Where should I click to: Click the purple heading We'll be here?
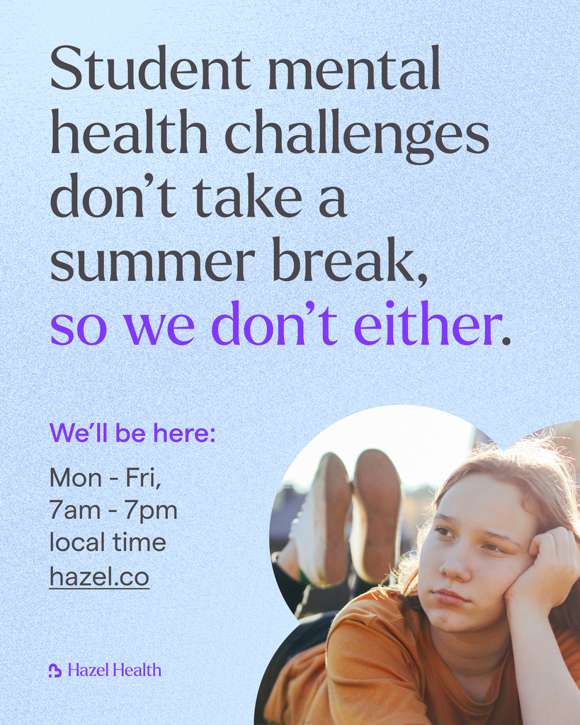tap(132, 433)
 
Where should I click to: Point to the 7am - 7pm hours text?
tap(113, 510)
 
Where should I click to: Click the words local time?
tap(108, 543)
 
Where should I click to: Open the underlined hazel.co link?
tap(99, 576)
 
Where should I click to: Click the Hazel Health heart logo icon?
tap(55, 670)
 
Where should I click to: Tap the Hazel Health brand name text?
tap(115, 670)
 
